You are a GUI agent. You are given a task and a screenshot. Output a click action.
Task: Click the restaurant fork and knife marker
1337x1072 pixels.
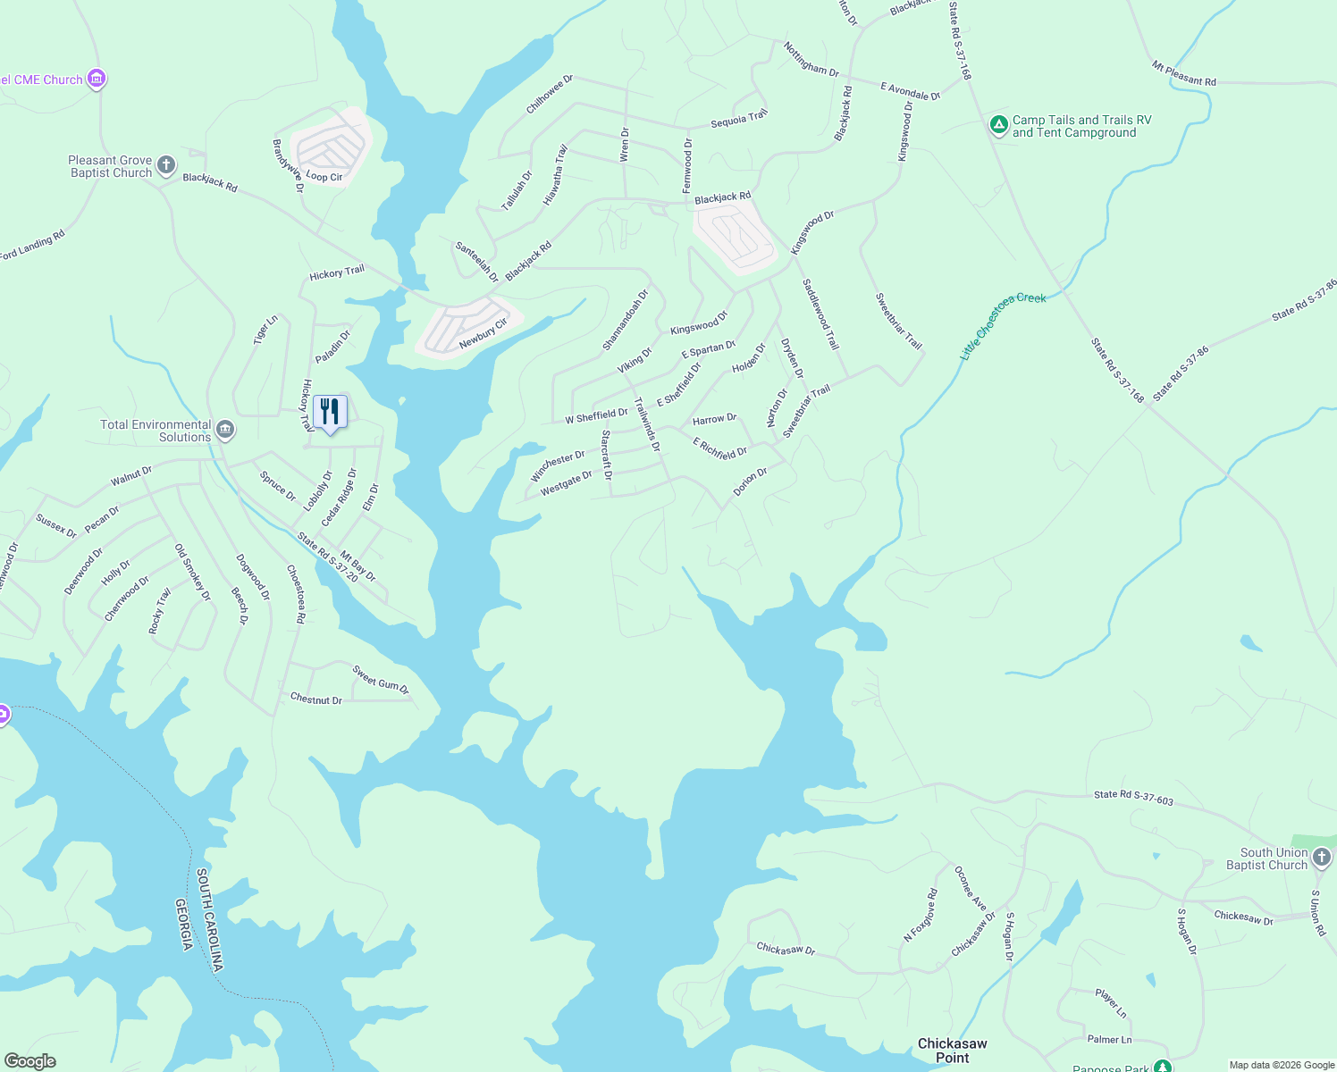(x=330, y=412)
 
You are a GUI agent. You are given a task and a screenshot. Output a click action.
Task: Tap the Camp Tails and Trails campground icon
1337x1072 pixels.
(x=999, y=126)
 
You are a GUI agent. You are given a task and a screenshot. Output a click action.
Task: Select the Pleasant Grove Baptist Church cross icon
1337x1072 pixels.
(x=166, y=164)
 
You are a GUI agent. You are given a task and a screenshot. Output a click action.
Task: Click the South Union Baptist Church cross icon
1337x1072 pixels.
(x=1322, y=858)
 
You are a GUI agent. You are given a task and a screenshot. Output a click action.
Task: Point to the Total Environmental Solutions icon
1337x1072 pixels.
(x=225, y=431)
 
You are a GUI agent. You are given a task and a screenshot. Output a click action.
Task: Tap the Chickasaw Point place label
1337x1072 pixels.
(x=952, y=1051)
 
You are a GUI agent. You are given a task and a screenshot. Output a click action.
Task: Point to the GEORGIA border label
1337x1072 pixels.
(x=185, y=924)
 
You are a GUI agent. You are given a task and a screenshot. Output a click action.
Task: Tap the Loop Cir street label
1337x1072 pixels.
(x=324, y=176)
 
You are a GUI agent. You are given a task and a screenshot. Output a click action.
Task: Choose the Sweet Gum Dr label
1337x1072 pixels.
(x=380, y=680)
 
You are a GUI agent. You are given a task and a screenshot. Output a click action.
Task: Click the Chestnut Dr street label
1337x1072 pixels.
(x=315, y=699)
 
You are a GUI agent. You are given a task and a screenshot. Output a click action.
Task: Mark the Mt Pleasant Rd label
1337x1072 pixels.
(x=1183, y=73)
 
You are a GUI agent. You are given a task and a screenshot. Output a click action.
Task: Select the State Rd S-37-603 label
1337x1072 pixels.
(x=1133, y=797)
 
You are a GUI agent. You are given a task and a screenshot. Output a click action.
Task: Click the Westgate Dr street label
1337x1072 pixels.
(x=566, y=482)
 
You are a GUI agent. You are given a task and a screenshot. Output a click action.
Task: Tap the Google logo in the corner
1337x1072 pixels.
(x=30, y=1061)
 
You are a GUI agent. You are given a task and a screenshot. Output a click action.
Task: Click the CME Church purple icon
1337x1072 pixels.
(x=97, y=80)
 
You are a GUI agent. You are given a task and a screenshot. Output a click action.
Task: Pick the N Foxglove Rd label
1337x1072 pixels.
(x=921, y=915)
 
